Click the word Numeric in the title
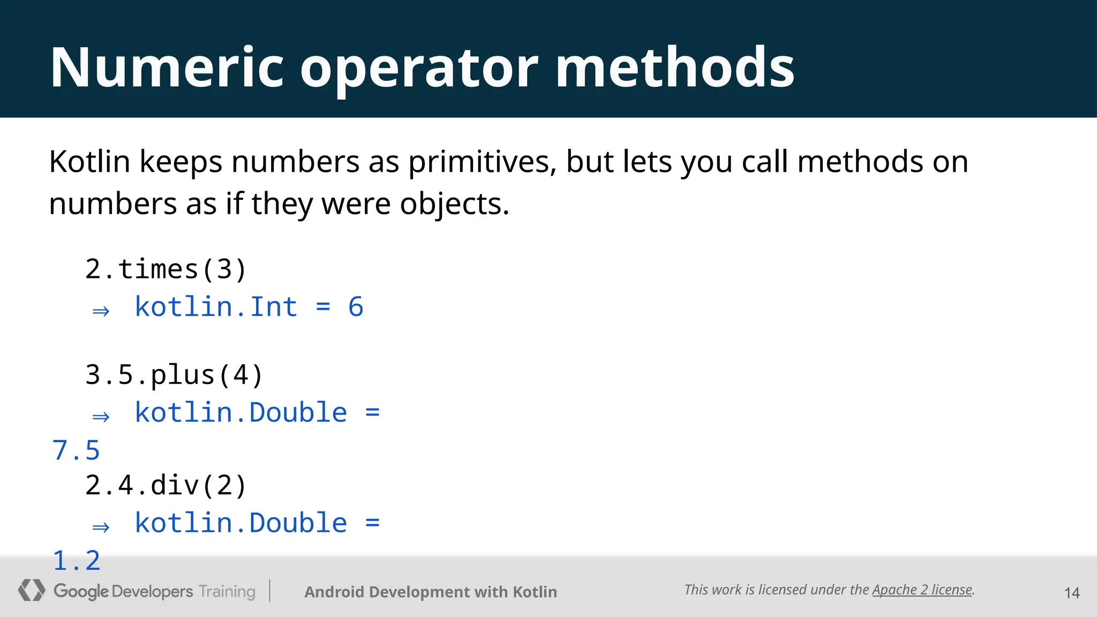(x=167, y=67)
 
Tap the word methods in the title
(x=675, y=67)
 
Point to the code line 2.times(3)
(x=166, y=269)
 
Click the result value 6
(x=356, y=307)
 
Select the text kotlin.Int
(x=216, y=307)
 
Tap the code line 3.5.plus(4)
(x=174, y=375)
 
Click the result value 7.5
(x=76, y=450)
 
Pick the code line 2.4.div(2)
(x=166, y=485)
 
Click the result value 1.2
(x=76, y=561)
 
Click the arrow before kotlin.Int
(x=101, y=311)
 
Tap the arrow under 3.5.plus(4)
(x=101, y=416)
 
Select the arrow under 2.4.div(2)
(x=101, y=527)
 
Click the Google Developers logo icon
(x=31, y=590)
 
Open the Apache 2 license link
(x=922, y=590)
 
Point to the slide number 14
(x=1071, y=593)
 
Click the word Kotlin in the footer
(x=535, y=592)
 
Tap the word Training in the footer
(x=227, y=591)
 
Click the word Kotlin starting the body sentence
(x=89, y=162)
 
